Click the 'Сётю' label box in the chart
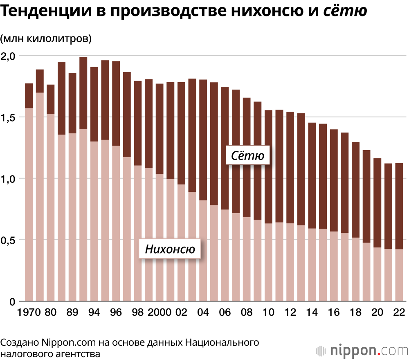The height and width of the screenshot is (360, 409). [248, 155]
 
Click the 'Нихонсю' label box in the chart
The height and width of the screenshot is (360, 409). [170, 248]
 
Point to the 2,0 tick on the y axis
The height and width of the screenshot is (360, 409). [9, 56]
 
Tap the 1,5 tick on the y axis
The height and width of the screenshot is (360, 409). [9, 117]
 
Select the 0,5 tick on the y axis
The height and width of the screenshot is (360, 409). [9, 240]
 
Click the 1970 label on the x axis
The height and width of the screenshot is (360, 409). [29, 313]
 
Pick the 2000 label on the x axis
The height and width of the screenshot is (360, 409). [160, 313]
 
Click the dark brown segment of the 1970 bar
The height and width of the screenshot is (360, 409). [29, 95]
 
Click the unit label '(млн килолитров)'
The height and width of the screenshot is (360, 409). [46, 39]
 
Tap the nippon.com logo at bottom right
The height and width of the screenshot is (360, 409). [362, 351]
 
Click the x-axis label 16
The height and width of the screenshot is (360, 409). [334, 313]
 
